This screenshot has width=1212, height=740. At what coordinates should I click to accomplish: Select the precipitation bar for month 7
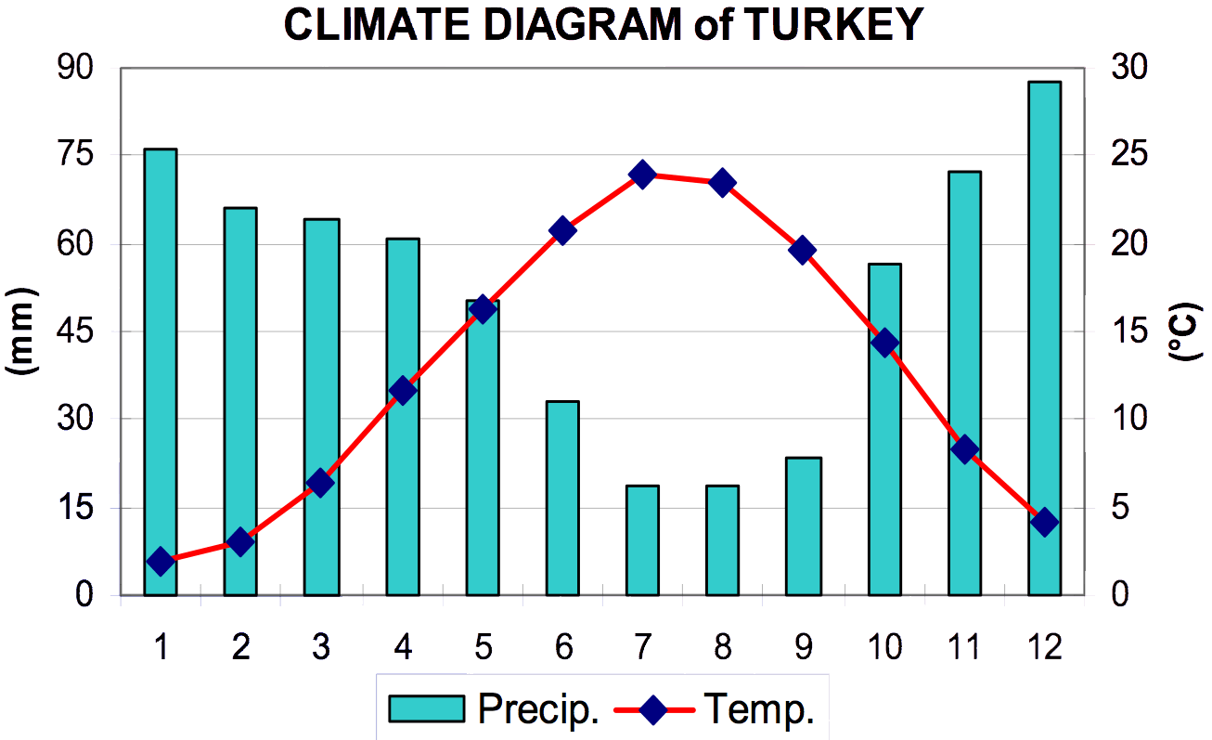(x=642, y=539)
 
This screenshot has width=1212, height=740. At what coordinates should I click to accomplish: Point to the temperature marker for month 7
(x=642, y=175)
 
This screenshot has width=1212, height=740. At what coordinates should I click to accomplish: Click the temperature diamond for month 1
(x=161, y=562)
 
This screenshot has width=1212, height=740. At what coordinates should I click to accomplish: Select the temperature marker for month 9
(x=803, y=250)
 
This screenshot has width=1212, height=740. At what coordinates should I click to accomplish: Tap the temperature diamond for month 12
(x=1045, y=522)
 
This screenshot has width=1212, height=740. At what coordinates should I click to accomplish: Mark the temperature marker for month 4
(x=402, y=390)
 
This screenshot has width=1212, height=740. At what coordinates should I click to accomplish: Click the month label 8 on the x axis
(x=722, y=646)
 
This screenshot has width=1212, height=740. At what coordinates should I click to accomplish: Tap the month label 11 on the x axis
(x=965, y=646)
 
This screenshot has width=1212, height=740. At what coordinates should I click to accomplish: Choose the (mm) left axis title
(x=20, y=331)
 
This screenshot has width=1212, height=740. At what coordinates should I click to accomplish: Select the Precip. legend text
(x=538, y=710)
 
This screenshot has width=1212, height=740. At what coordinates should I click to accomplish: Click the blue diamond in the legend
(x=653, y=711)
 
